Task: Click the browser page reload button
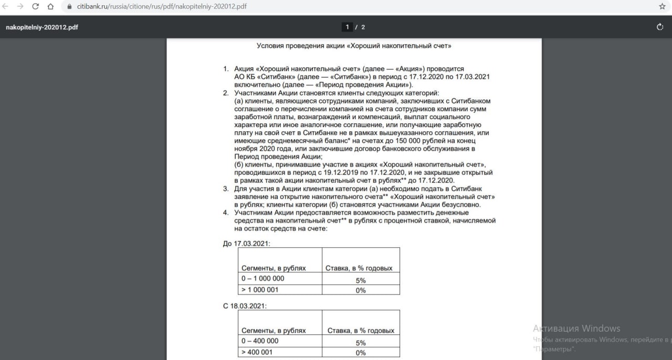pyautogui.click(x=36, y=7)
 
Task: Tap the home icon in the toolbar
pyautogui.click(x=50, y=7)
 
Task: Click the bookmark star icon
pyautogui.click(x=662, y=7)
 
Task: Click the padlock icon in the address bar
pyautogui.click(x=69, y=7)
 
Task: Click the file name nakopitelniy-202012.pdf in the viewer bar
pyautogui.click(x=42, y=27)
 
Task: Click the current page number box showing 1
pyautogui.click(x=346, y=27)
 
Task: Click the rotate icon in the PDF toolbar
pyautogui.click(x=660, y=27)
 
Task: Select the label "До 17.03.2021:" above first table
pyautogui.click(x=247, y=243)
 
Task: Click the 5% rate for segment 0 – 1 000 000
pyautogui.click(x=360, y=281)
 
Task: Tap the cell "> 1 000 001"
pyautogui.click(x=260, y=290)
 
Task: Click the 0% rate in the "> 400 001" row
pyautogui.click(x=360, y=353)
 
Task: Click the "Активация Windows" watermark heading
pyautogui.click(x=576, y=329)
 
